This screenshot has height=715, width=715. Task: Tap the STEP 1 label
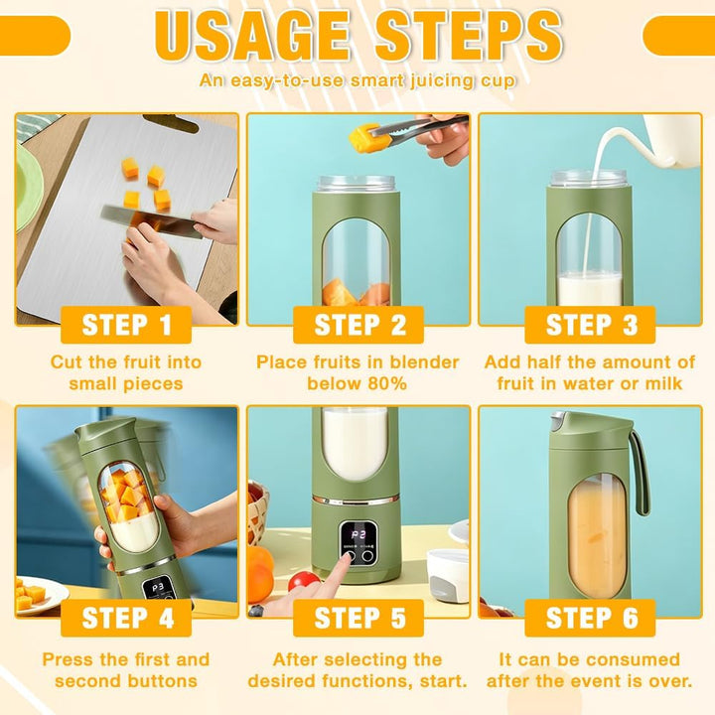point(126,325)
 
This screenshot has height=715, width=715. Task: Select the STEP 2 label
point(358,325)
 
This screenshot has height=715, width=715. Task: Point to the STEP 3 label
point(591,325)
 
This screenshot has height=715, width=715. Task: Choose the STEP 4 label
point(126,618)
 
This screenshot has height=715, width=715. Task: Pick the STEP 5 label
point(358,618)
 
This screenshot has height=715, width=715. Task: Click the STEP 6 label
point(591,618)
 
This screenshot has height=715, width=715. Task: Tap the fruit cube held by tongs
point(363,138)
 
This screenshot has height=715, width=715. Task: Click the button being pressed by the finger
point(351,557)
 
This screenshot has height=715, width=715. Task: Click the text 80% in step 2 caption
point(387,383)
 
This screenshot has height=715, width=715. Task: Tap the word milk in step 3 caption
point(663,383)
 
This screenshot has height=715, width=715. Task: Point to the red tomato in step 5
point(304,581)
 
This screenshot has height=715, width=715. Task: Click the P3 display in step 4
point(158,588)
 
